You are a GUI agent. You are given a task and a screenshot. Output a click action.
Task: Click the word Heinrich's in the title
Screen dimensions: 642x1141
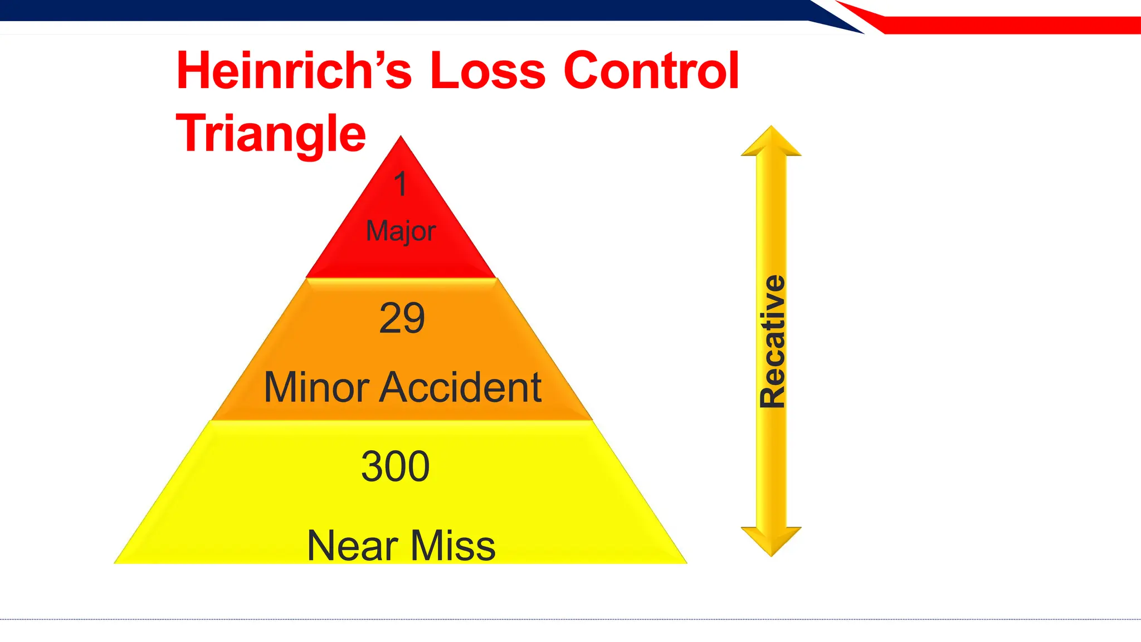294,71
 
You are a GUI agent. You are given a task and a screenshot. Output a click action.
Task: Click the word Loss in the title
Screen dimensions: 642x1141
487,71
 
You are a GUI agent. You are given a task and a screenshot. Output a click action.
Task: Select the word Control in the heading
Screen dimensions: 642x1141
651,71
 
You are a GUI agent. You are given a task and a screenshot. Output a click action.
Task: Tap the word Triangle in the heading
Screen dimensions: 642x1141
271,134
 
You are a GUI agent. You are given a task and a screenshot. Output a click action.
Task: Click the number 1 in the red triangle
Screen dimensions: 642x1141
401,184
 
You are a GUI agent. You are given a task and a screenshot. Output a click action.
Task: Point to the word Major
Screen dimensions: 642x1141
401,231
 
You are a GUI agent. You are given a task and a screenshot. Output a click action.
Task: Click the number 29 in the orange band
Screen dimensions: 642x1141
402,318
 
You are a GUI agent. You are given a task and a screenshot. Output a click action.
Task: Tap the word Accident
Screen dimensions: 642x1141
460,387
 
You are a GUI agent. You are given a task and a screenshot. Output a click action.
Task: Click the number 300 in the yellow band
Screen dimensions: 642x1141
396,466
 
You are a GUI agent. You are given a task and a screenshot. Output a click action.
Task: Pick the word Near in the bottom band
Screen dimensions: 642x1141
352,546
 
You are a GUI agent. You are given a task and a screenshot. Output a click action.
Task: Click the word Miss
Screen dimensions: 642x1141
453,546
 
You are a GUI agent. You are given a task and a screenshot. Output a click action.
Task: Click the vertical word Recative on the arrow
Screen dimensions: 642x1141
772,341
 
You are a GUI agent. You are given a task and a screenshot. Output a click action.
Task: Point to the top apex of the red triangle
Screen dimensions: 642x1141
401,138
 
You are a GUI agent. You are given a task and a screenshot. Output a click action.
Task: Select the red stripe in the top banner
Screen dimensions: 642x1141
1003,25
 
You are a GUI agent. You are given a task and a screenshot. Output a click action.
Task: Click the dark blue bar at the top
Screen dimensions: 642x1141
390,10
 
